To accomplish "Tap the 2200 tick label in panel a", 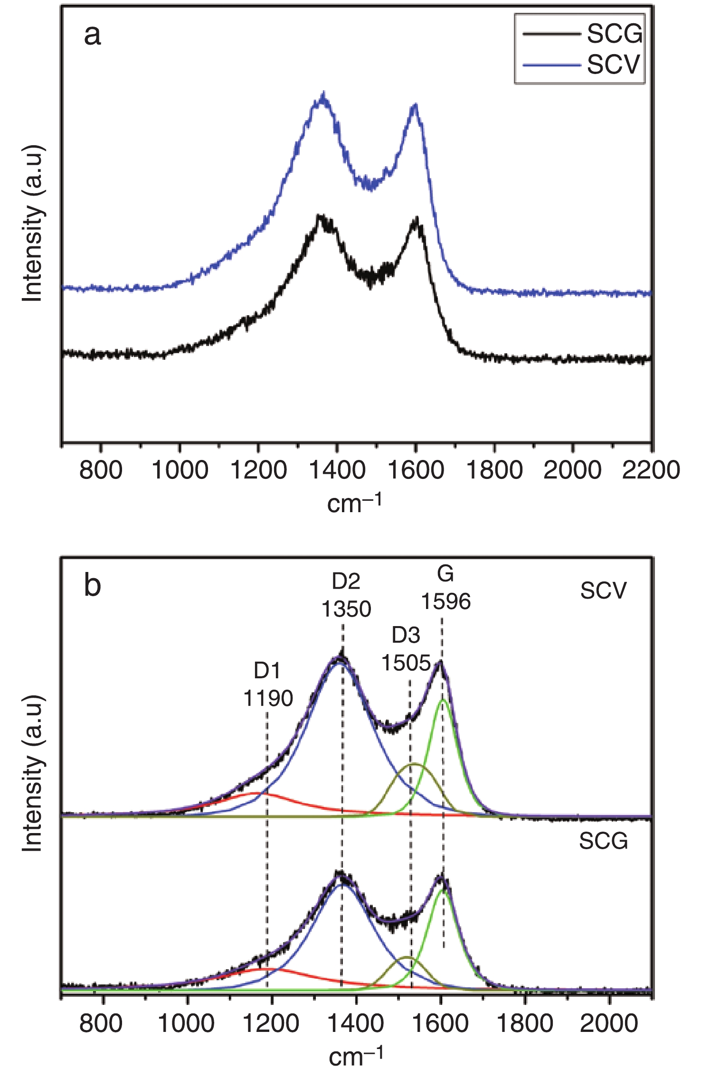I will (651, 470).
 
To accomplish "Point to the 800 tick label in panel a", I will (101, 470).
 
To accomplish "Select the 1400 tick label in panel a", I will (337, 470).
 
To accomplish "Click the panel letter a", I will (92, 35).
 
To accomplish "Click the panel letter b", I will (92, 585).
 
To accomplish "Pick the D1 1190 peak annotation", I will (268, 684).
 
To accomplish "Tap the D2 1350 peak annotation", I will (346, 595).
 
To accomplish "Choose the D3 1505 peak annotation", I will (406, 649).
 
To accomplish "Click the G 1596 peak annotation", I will (446, 588).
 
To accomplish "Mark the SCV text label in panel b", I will (603, 590).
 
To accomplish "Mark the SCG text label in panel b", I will (603, 841).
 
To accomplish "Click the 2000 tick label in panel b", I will (609, 1023).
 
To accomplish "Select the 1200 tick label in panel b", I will (271, 1023).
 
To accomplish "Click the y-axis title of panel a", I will (32, 223).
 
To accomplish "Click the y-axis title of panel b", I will (32, 774).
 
